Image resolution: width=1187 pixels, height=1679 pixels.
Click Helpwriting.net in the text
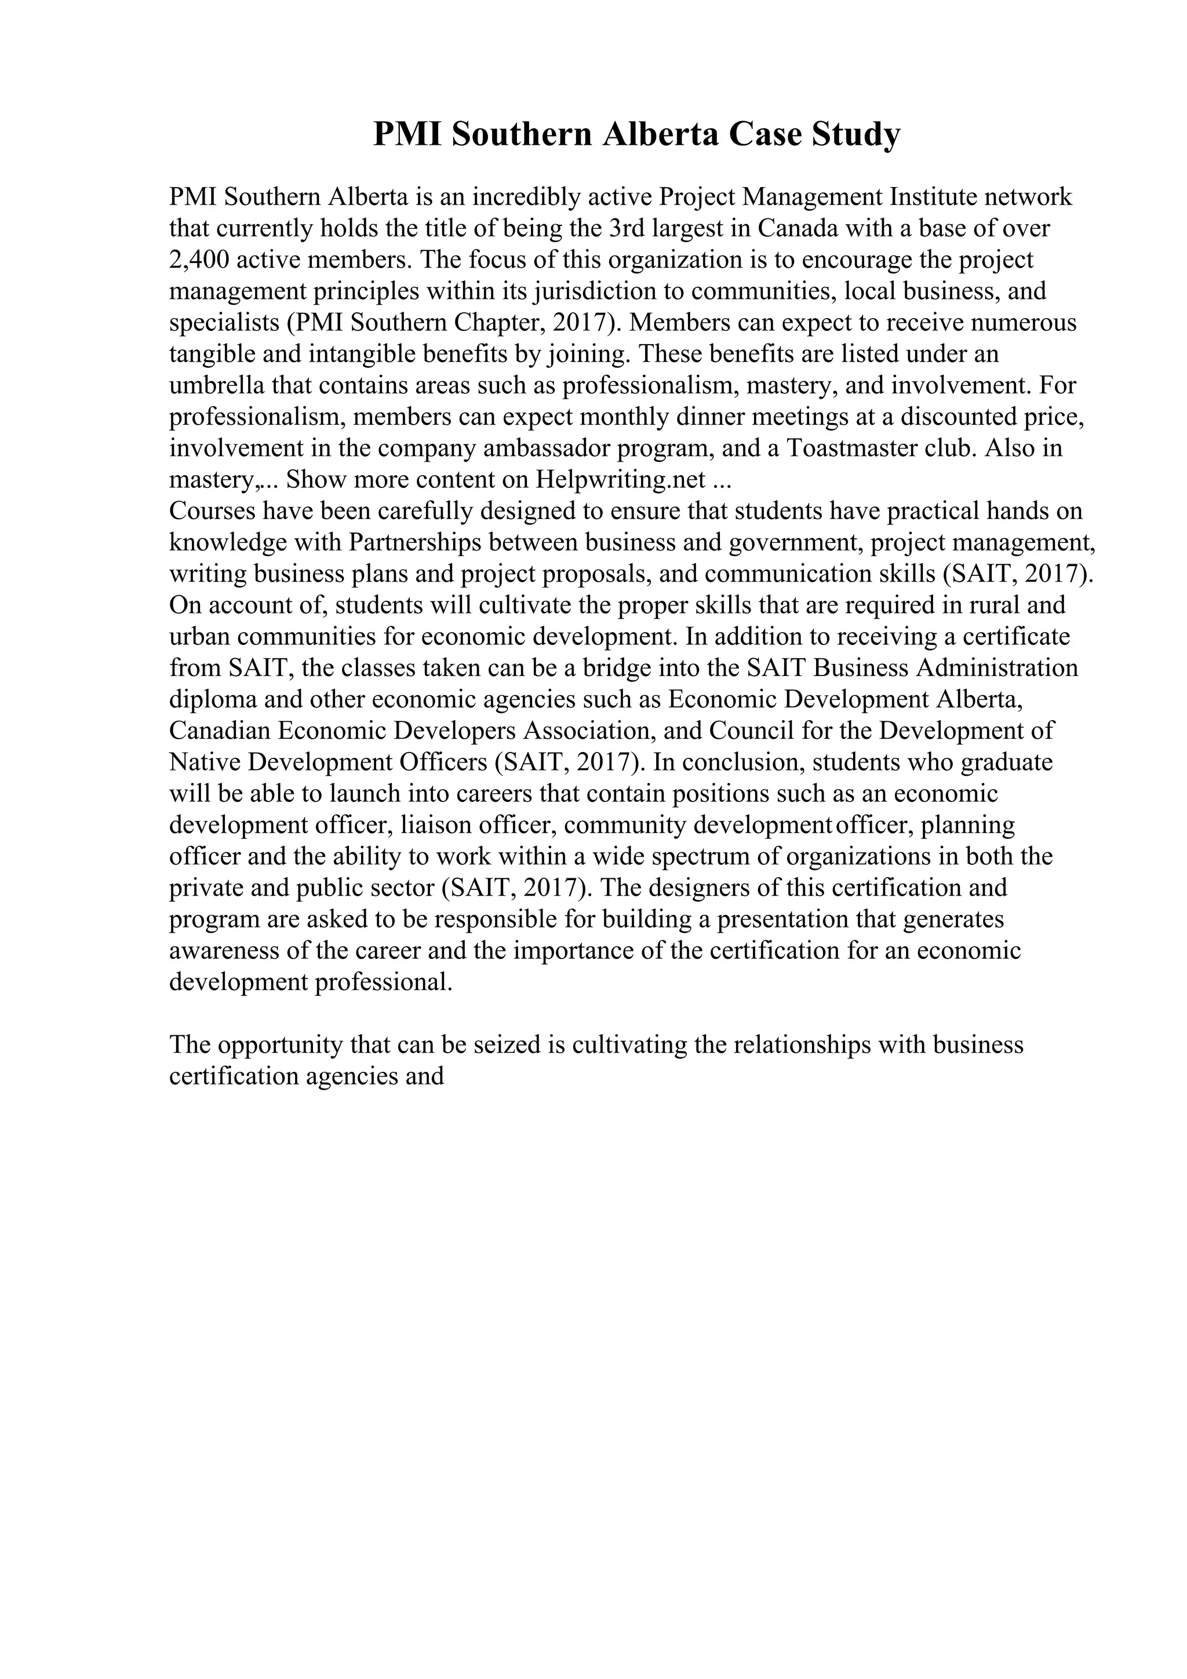pos(620,480)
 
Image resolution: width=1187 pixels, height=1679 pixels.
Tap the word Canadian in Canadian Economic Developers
pos(220,731)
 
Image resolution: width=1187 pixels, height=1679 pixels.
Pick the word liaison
pos(436,825)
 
